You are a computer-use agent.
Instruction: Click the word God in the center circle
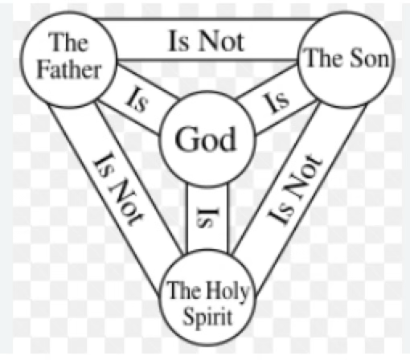[206, 139]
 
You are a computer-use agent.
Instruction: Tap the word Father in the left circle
[69, 70]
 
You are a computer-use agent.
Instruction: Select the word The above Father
[68, 42]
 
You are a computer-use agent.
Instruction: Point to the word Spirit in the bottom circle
[207, 317]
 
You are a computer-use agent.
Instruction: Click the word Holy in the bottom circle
[227, 292]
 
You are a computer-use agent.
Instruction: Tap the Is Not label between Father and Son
[207, 41]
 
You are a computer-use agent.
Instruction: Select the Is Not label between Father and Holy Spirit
[118, 189]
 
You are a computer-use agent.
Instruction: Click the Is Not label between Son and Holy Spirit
[295, 190]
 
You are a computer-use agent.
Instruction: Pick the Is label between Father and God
[137, 99]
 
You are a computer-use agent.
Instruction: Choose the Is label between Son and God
[277, 103]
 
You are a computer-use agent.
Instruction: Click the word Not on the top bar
[221, 41]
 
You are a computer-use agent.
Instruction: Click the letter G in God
[187, 139]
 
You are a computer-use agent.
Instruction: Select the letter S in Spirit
[189, 316]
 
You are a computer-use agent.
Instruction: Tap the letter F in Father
[43, 70]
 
